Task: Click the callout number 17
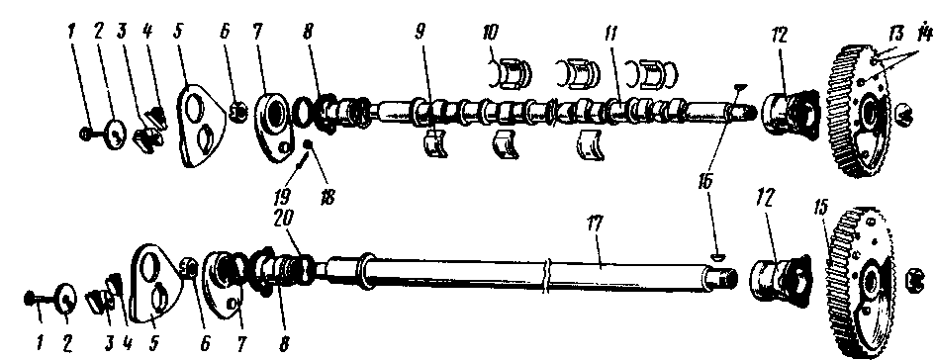coord(594,225)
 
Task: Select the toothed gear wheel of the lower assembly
coord(856,283)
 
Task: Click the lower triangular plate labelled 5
coord(155,283)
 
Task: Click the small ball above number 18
coord(309,143)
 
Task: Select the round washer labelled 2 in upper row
coord(115,134)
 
